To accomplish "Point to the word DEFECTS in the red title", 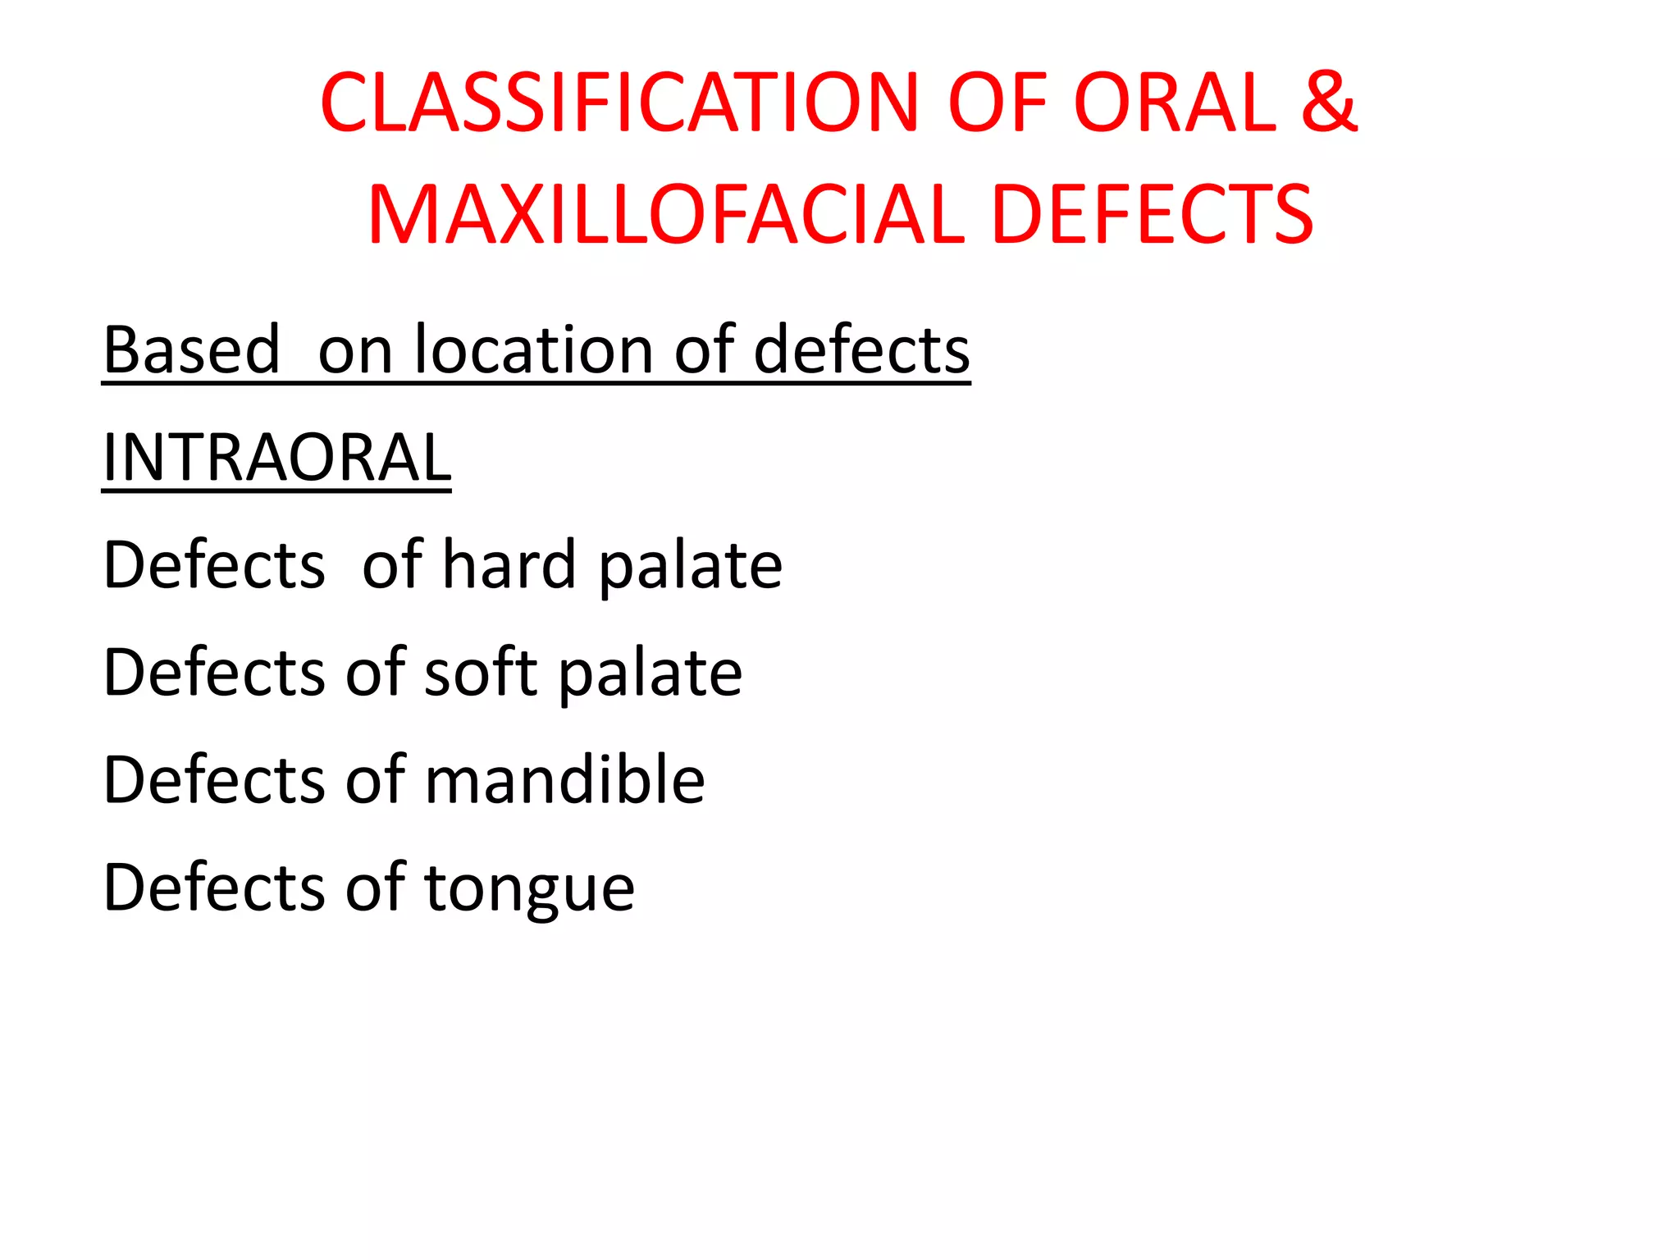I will tap(1153, 215).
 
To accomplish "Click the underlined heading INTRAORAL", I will tap(276, 457).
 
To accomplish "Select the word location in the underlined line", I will tap(533, 350).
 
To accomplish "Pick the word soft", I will tap(481, 672).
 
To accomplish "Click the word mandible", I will tap(565, 779).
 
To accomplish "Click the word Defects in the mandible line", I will tap(214, 779).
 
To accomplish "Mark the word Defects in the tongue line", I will tap(214, 887).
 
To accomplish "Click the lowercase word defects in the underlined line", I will tap(861, 350).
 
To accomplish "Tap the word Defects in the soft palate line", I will tap(214, 672).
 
